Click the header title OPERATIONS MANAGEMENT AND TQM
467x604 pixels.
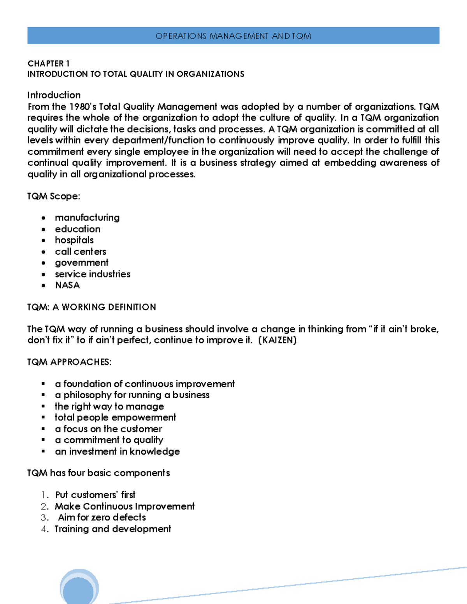(x=233, y=36)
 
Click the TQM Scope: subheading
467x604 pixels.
(x=53, y=196)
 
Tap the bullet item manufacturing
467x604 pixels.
(x=87, y=217)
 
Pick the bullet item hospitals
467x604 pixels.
(x=74, y=240)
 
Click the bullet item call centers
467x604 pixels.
(x=81, y=252)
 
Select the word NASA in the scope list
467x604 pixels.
(x=67, y=285)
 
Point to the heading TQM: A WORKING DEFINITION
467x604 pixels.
(x=91, y=307)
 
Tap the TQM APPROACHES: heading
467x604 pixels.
(x=69, y=362)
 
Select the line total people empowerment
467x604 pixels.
(x=115, y=417)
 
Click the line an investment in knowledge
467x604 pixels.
(x=117, y=451)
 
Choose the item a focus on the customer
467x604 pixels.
(x=108, y=429)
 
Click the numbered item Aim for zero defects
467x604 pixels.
(x=102, y=517)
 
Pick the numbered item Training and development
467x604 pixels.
(x=113, y=529)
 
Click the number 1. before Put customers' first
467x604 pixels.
(x=45, y=495)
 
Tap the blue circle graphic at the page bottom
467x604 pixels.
(x=79, y=587)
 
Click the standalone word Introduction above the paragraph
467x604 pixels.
(x=54, y=95)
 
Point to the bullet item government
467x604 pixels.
(x=81, y=263)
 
